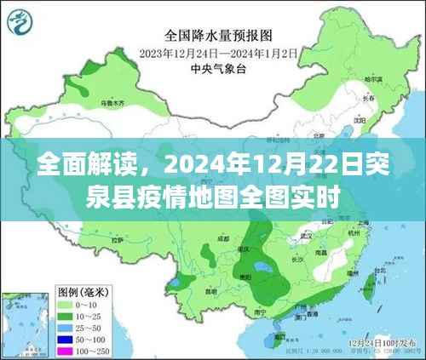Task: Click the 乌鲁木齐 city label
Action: tap(112, 103)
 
